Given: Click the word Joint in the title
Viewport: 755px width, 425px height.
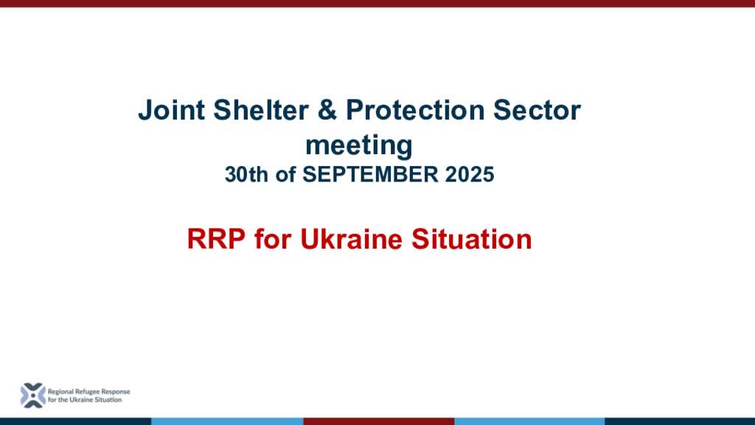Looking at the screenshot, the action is pyautogui.click(x=171, y=110).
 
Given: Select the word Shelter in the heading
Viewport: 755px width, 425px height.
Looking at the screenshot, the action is pyautogui.click(x=260, y=110).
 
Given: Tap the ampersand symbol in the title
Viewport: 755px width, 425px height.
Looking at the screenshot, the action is pyautogui.click(x=327, y=110).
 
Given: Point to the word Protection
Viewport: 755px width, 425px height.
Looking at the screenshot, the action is pyautogui.click(x=415, y=110).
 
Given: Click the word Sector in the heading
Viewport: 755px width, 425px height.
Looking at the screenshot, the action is pyautogui.click(x=537, y=110).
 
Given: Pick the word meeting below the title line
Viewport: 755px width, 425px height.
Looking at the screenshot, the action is pyautogui.click(x=359, y=145).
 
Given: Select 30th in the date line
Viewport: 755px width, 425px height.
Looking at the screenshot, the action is pyautogui.click(x=246, y=174).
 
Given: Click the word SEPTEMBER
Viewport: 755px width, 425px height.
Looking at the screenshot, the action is pyautogui.click(x=370, y=174).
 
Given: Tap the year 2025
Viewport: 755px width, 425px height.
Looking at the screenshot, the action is pyautogui.click(x=470, y=174).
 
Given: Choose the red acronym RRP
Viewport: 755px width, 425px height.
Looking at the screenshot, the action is pyautogui.click(x=216, y=239).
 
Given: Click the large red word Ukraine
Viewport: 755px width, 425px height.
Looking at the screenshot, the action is pyautogui.click(x=351, y=239).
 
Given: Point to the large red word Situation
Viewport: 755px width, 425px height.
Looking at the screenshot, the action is pyautogui.click(x=471, y=239).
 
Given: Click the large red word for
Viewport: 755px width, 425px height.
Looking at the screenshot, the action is pyautogui.click(x=273, y=239).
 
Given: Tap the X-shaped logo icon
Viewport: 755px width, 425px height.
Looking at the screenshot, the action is pyautogui.click(x=32, y=395).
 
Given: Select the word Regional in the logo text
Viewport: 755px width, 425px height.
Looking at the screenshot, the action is pyautogui.click(x=60, y=392).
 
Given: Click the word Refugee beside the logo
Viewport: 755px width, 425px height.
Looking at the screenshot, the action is pyautogui.click(x=87, y=392).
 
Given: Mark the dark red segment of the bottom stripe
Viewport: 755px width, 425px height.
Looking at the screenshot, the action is pyautogui.click(x=378, y=421).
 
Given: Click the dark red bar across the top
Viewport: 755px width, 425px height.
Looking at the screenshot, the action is pyautogui.click(x=377, y=4).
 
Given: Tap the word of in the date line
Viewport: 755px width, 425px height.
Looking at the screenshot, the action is pyautogui.click(x=285, y=174).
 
